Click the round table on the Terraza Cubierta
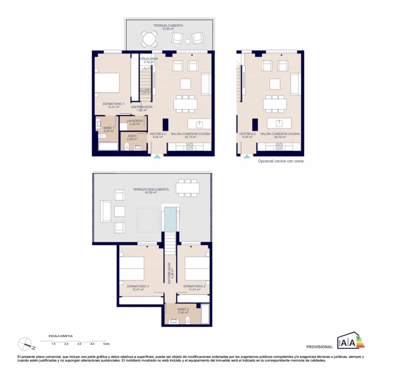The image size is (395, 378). click(x=149, y=39)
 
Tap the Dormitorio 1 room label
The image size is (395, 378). click(x=113, y=105)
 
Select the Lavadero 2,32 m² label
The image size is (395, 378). click(x=135, y=123)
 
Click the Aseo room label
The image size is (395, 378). click(x=132, y=137)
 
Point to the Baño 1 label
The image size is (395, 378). click(x=109, y=129)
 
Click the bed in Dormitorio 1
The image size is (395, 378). click(x=107, y=83)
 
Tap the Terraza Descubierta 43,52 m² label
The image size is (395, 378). click(x=151, y=191)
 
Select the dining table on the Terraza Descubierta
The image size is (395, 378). click(x=188, y=188)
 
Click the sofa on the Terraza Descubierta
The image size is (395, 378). click(x=105, y=211)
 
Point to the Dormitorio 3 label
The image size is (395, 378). click(x=138, y=288)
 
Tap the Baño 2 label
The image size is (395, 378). click(x=183, y=311)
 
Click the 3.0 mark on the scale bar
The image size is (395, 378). click(x=79, y=344)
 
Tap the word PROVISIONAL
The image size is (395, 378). click(x=319, y=347)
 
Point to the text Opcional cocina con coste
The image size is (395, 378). click(x=280, y=161)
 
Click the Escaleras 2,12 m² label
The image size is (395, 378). click(x=149, y=60)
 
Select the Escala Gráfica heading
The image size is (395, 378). click(x=61, y=336)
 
